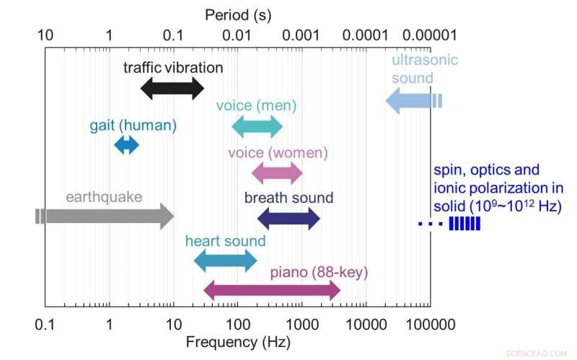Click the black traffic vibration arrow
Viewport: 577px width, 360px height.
point(172,88)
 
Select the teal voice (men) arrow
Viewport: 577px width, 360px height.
point(257,128)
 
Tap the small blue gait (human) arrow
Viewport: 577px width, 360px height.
point(126,145)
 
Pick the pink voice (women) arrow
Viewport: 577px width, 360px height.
point(277,173)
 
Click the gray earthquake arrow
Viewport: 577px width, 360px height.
point(105,216)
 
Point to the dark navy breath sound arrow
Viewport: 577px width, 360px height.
point(288,218)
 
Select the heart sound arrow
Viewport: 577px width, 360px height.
point(225,261)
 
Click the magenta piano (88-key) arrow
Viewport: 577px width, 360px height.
point(272,291)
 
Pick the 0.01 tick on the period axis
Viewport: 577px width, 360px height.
point(237,35)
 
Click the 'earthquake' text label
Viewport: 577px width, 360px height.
point(104,196)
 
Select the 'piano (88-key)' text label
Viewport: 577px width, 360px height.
point(319,273)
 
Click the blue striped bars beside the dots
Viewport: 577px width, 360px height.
point(464,224)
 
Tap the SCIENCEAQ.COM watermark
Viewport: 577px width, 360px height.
point(538,353)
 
